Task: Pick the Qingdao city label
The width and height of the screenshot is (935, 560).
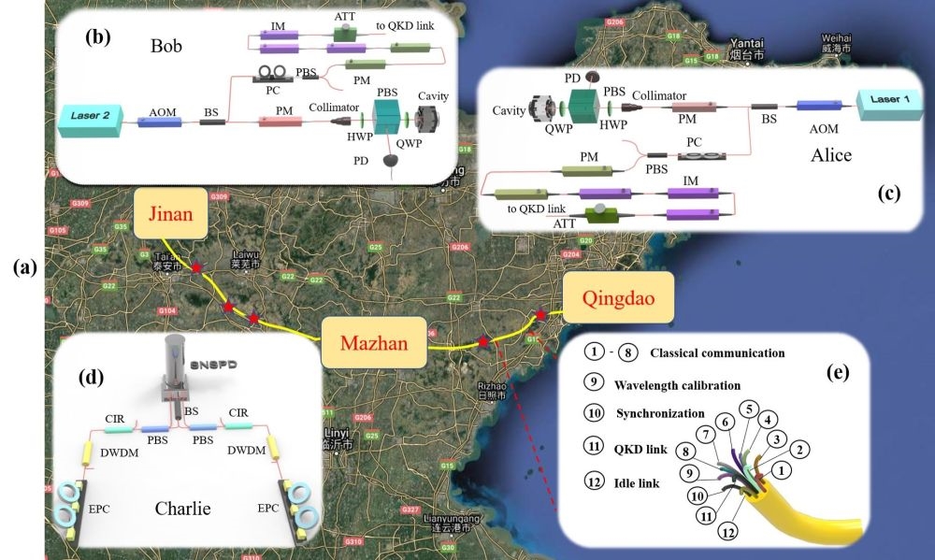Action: click(x=616, y=300)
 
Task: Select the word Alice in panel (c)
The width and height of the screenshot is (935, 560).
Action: click(x=831, y=154)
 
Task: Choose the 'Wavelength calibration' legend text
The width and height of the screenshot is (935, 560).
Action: click(x=677, y=384)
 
